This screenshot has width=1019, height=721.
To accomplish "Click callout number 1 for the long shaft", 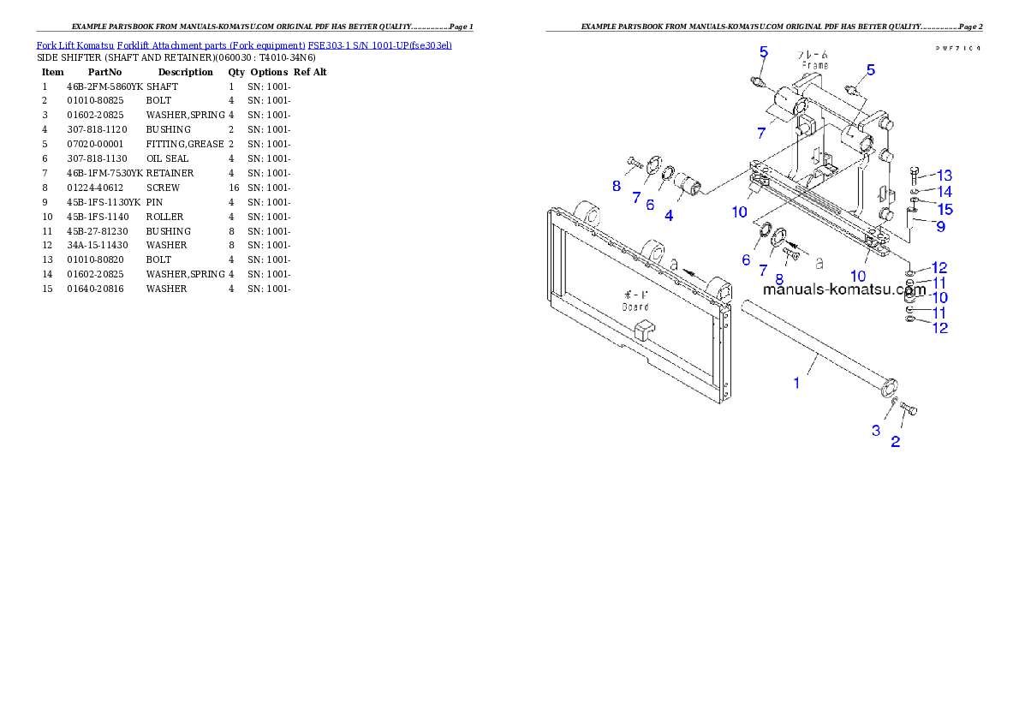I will coord(796,383).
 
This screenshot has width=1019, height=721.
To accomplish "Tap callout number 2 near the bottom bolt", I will coord(895,442).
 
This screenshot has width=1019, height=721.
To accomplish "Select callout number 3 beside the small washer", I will coord(875,430).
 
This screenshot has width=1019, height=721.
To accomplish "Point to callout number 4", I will coord(669,216).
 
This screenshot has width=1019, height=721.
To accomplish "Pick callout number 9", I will coord(940,227).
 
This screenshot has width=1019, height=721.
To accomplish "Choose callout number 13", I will coord(944,176).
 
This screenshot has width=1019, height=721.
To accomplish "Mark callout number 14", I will coord(944,192).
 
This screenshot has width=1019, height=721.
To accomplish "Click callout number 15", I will coord(944,209).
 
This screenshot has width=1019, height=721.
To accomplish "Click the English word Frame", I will coord(814,65).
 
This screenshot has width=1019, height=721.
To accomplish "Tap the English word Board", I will coord(635,307).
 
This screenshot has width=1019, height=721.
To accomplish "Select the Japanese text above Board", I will coord(635,294).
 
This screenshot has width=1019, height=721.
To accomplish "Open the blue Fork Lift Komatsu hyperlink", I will coord(244,45).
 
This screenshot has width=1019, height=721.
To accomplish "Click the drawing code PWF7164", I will coord(957,48).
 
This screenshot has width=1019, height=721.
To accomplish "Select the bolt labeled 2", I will coord(909,412).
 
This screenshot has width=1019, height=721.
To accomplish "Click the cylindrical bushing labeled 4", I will coord(690,184).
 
